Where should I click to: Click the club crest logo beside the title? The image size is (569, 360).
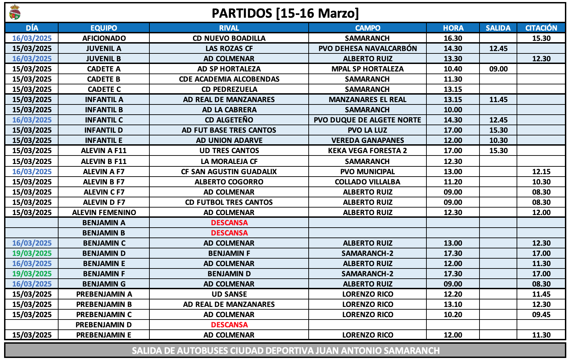(15, 13)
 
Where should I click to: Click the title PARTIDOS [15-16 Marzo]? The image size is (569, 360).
(285, 13)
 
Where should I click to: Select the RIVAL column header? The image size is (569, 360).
(229, 28)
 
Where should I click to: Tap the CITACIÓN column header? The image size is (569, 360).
(541, 28)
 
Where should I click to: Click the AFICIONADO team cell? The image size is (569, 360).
(104, 38)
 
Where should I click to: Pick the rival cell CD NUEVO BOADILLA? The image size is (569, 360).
(229, 38)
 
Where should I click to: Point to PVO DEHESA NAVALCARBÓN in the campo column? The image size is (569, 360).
(368, 48)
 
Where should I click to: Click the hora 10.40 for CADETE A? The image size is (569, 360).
(453, 69)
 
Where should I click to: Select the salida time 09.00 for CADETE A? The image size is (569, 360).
(498, 69)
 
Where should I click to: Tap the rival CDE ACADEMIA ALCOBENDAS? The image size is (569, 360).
(229, 79)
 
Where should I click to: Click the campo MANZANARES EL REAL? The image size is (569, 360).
(368, 99)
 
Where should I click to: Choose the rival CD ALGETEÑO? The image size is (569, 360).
(229, 120)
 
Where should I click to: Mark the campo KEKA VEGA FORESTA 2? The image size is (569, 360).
(368, 150)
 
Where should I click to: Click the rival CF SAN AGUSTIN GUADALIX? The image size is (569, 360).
(229, 171)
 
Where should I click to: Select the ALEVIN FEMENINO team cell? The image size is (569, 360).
(104, 212)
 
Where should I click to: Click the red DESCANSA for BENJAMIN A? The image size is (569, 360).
(229, 223)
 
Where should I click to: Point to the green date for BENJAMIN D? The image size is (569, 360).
(32, 253)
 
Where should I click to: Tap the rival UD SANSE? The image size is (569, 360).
(229, 294)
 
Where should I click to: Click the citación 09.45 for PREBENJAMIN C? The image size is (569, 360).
(541, 314)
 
